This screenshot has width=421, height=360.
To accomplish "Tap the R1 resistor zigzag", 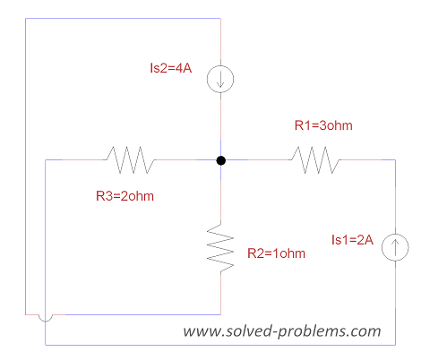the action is pos(314,159).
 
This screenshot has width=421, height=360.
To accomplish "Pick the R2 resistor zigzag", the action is pos(220,247).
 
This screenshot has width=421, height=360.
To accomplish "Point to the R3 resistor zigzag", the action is pos(130,159).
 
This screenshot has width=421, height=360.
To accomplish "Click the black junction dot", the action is pos(220,160).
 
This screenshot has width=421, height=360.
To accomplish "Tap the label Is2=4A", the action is pos(171,68).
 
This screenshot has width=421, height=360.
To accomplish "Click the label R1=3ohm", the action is pos(323,125).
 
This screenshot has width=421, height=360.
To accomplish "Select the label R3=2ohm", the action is pos(125,196).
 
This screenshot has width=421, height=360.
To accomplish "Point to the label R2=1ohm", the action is pos(276,253).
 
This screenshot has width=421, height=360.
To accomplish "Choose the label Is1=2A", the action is pos(352,240).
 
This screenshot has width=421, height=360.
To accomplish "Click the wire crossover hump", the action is pos(46,321).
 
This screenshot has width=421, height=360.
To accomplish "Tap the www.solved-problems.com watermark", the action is pos(282,331).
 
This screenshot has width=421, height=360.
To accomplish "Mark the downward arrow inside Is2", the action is pos(220,79).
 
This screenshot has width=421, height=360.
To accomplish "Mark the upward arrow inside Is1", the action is pos(395,247).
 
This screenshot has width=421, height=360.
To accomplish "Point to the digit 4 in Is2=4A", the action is pos(179,68).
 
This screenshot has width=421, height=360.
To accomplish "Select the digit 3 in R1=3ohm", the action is pos(322,125).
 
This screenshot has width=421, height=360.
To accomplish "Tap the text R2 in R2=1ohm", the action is pos(255,253).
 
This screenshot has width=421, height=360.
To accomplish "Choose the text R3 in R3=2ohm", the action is pos(104,196).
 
